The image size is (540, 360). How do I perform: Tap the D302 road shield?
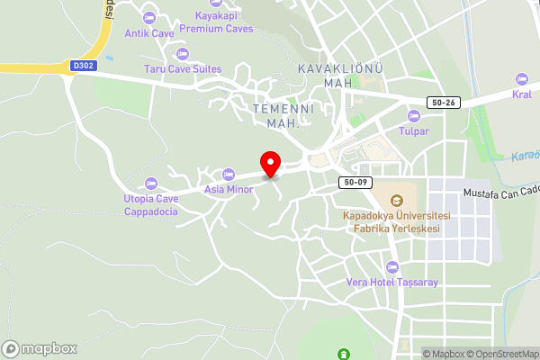[x=82, y=66]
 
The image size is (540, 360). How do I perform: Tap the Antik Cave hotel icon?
[x=149, y=17]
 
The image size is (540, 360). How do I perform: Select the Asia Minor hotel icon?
[x=228, y=175]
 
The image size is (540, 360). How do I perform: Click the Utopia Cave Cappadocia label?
[x=150, y=205]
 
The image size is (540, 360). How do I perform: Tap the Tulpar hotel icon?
[x=414, y=116]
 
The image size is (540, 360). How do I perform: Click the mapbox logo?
[x=40, y=348]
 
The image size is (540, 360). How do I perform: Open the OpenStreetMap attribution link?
[x=503, y=353]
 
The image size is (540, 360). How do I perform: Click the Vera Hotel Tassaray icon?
[x=391, y=267]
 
